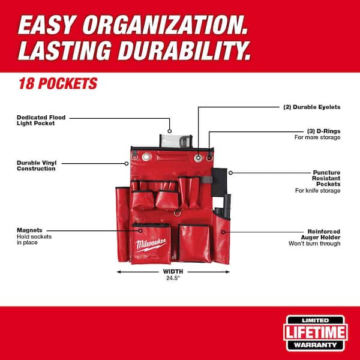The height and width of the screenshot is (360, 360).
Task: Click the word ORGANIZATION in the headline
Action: coord(165,25)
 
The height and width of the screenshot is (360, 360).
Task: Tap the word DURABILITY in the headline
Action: coord(184,50)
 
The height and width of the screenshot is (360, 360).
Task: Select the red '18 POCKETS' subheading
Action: coord(58,83)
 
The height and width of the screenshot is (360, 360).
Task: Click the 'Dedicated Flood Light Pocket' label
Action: coord(41,121)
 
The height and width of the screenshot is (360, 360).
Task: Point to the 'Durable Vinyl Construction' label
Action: coord(36,166)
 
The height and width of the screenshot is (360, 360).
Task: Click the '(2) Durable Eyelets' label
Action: coord(311,107)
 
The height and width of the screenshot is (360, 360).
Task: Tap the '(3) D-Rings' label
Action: coord(323,131)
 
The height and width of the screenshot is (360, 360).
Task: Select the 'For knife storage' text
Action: coord(317,191)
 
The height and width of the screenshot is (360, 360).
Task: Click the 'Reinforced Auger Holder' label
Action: coord(320,235)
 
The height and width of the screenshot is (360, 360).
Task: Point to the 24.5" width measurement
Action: coord(173,278)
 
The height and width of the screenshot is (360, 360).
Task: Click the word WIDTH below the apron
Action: coord(173,272)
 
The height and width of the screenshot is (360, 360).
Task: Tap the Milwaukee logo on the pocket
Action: coord(151,245)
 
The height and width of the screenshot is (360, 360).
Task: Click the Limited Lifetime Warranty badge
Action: coord(316,333)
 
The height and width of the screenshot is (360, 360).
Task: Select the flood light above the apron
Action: coord(176,141)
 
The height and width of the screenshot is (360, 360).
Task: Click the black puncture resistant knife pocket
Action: coord(219,182)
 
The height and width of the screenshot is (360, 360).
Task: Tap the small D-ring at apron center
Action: coord(177,213)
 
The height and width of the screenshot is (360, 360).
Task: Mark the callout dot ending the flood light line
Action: coord(169,131)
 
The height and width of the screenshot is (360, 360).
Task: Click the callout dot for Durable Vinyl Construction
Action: coord(127,163)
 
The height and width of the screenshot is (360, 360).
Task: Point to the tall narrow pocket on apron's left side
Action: coord(122,224)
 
